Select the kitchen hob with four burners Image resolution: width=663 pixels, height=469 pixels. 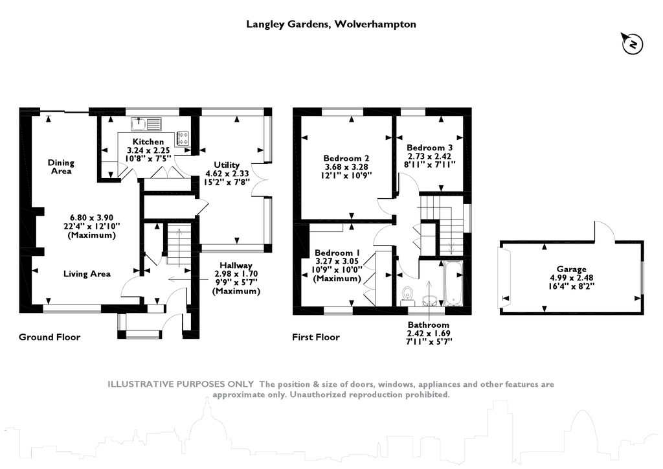[183, 137]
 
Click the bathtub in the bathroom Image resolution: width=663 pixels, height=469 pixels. [453, 283]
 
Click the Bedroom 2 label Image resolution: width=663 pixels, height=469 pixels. [346, 158]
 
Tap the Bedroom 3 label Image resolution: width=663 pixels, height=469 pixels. [430, 148]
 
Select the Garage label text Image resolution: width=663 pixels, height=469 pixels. [571, 269]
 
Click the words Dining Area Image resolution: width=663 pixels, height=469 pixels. [62, 167]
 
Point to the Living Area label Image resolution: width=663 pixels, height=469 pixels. [87, 273]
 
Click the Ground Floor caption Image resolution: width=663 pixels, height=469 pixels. [49, 337]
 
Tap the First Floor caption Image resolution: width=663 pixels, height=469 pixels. [315, 337]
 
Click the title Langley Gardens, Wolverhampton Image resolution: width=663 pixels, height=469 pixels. [331, 25]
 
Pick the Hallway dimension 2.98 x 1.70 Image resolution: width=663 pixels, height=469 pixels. [236, 274]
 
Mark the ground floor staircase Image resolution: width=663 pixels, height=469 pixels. [177, 245]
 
